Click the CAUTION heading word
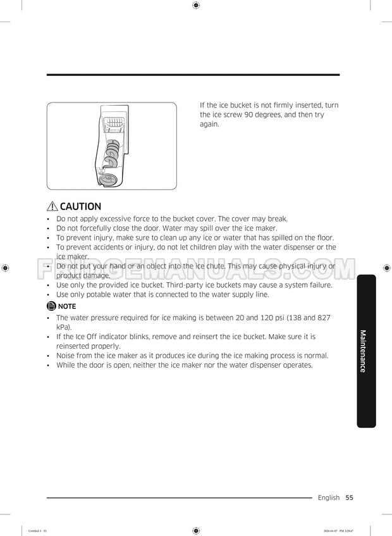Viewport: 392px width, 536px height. (x=80, y=206)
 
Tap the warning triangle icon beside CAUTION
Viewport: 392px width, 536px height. (x=52, y=206)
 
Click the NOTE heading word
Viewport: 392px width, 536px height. (x=67, y=306)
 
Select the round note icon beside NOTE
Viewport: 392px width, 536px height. (x=52, y=306)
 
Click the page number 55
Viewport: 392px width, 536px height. (x=349, y=498)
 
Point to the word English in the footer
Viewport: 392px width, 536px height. (x=328, y=498)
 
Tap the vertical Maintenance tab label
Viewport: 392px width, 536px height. (x=362, y=351)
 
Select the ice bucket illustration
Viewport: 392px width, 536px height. (x=111, y=146)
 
